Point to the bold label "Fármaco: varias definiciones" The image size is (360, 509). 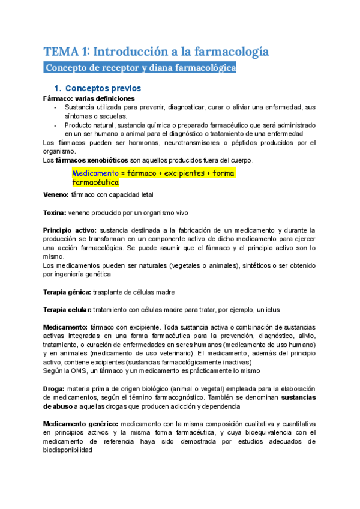click(x=89, y=98)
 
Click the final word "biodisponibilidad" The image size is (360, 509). click(x=68, y=450)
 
